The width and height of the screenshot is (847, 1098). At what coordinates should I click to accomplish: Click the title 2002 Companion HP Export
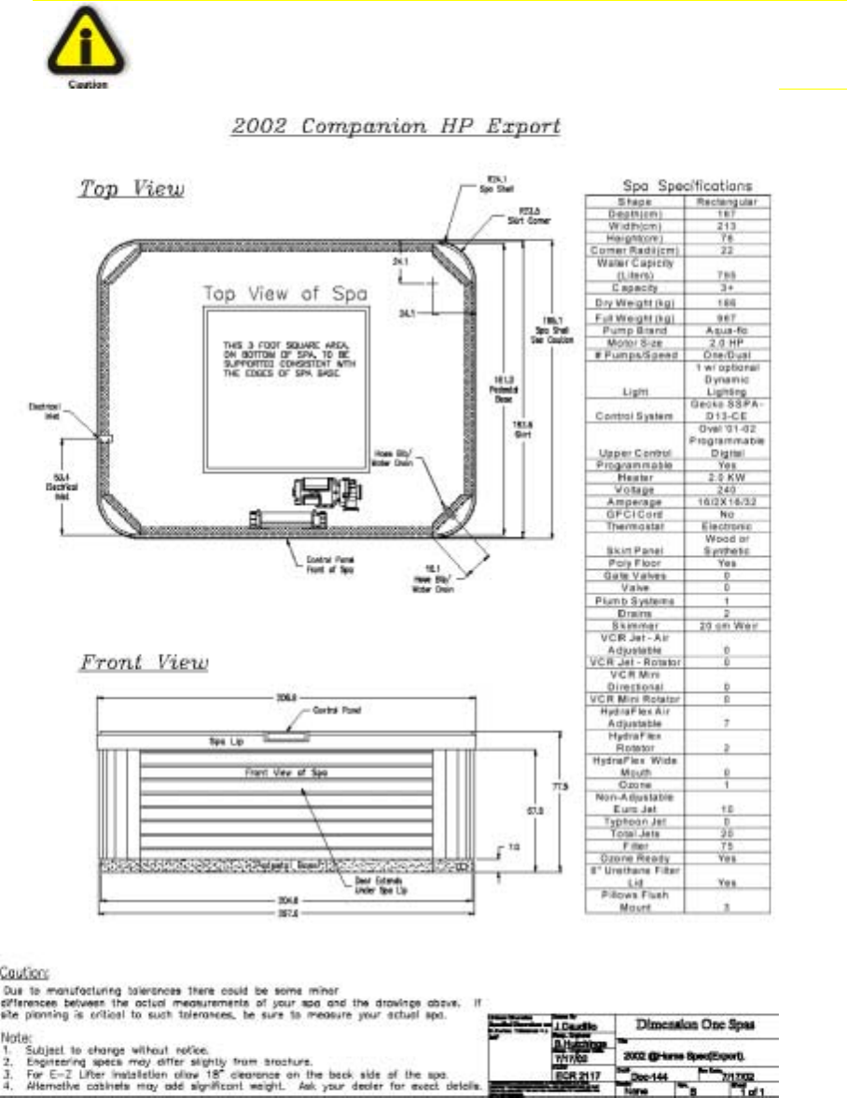pyautogui.click(x=396, y=126)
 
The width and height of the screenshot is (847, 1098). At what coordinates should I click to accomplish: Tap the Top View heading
pyautogui.click(x=132, y=189)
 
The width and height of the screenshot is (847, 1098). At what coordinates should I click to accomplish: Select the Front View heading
pyautogui.click(x=144, y=662)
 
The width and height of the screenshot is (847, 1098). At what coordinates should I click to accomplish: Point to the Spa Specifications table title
pyautogui.click(x=678, y=186)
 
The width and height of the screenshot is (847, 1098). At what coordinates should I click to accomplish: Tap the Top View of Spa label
pyautogui.click(x=285, y=294)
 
